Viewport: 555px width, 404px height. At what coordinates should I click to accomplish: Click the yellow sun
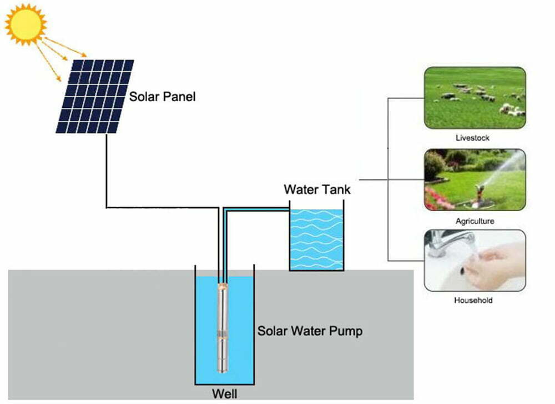[x=26, y=24]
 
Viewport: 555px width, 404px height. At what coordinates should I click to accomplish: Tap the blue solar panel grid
[x=95, y=96]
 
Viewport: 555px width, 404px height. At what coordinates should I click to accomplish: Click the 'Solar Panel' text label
[x=163, y=97]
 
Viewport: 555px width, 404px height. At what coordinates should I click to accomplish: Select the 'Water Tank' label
[x=317, y=189]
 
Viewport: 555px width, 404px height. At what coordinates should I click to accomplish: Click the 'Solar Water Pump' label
[x=310, y=332]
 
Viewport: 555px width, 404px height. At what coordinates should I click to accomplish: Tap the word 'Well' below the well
[x=225, y=395]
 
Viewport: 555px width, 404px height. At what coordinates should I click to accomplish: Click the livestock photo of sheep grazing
[x=475, y=98]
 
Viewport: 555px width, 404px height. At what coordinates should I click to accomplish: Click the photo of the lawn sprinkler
[x=475, y=179]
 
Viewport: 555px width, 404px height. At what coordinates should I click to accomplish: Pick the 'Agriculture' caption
[x=474, y=221]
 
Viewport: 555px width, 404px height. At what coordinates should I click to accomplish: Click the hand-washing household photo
[x=475, y=261]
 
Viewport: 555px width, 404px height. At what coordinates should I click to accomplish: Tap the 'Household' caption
[x=473, y=301]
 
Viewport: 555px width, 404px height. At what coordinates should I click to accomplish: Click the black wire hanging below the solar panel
[x=106, y=167]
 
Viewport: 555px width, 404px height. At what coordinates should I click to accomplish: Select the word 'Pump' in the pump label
[x=346, y=332]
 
